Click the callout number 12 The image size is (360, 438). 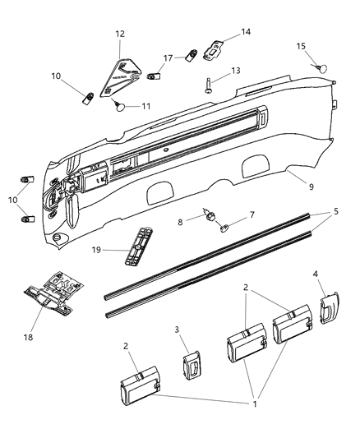pos(120,34)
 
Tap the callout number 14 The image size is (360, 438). pos(246,32)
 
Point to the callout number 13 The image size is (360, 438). pos(235,71)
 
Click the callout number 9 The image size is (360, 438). pos(311,187)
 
